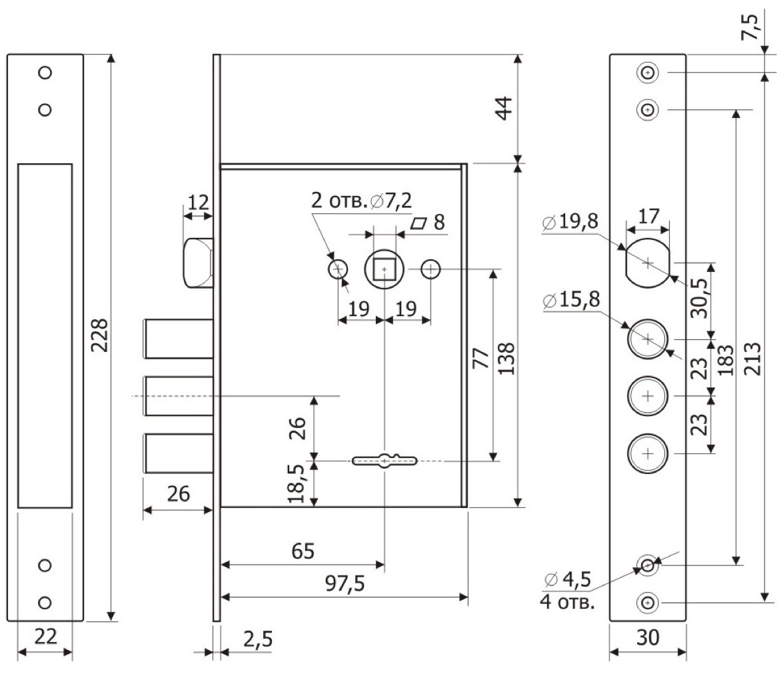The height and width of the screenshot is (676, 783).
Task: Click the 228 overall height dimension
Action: (x=101, y=335)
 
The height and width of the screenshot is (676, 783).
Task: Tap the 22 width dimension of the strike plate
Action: (x=45, y=637)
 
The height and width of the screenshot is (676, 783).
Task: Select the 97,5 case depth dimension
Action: (x=345, y=583)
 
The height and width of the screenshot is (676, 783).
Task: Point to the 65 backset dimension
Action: (x=303, y=551)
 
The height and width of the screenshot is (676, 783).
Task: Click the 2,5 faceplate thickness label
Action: (x=258, y=639)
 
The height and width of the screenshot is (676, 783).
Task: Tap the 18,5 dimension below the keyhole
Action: (x=296, y=483)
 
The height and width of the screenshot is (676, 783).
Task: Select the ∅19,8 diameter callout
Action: (x=570, y=221)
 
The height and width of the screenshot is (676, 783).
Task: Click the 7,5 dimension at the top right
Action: (x=750, y=27)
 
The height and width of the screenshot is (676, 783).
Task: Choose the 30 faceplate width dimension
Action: (x=648, y=637)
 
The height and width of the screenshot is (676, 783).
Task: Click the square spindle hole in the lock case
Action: (x=384, y=270)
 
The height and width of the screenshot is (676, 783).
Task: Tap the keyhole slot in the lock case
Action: (x=385, y=460)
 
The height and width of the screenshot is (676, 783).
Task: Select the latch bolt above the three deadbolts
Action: (x=198, y=263)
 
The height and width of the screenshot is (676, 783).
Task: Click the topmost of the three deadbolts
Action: (x=179, y=339)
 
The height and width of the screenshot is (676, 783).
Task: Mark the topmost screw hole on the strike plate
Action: (x=45, y=73)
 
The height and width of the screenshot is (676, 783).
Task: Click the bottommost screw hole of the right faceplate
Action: (x=648, y=603)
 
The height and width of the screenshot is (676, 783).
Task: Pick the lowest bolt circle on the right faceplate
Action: (x=648, y=453)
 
